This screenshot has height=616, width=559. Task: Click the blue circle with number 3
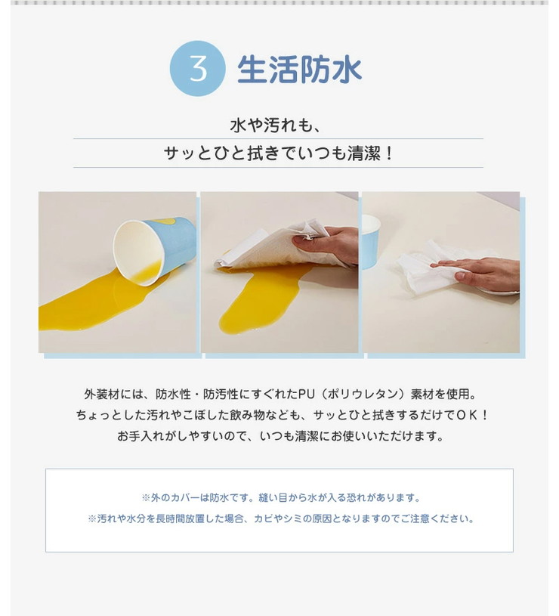click(x=198, y=68)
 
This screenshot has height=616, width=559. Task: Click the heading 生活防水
click(x=300, y=69)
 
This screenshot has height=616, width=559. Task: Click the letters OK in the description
click(x=468, y=415)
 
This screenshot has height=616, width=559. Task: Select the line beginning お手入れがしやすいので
click(x=279, y=436)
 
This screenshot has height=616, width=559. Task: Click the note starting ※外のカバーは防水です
click(x=279, y=498)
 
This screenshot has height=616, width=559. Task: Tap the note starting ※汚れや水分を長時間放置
click(x=279, y=519)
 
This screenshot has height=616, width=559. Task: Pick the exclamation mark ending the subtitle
click(x=388, y=153)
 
